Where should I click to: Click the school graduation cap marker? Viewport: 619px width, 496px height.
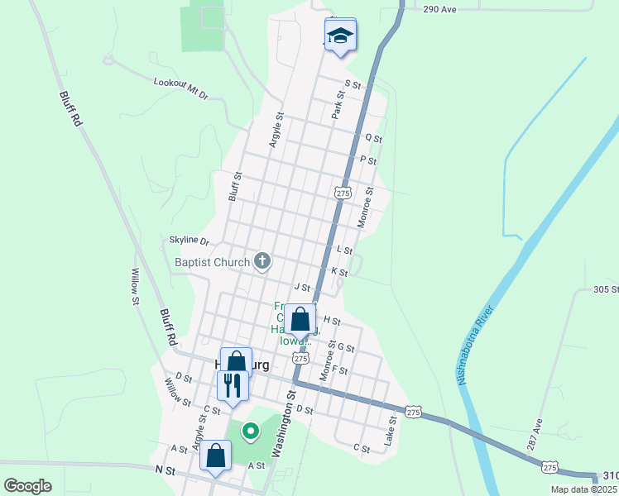tap(340, 36)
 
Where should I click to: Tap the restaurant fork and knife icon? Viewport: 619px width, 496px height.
tap(232, 384)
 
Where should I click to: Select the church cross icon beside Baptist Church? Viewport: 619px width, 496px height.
tap(262, 262)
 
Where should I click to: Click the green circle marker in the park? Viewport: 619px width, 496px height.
tap(249, 431)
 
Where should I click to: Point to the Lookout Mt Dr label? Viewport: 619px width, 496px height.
tap(181, 88)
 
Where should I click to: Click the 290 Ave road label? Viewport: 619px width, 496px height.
tap(440, 9)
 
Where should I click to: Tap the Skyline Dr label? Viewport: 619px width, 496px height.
tap(190, 240)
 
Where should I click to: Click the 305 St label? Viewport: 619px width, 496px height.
tap(606, 289)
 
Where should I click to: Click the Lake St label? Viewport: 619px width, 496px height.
tap(391, 432)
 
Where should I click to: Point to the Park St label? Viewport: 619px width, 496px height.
tap(338, 105)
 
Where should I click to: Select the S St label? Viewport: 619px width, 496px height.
tap(353, 84)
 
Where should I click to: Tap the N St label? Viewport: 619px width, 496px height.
tap(166, 470)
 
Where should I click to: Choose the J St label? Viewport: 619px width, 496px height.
tap(301, 288)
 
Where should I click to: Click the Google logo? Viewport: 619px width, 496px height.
tap(28, 486)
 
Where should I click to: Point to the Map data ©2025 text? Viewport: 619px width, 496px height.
tap(584, 489)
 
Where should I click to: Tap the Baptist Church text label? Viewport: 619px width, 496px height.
tap(212, 263)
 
